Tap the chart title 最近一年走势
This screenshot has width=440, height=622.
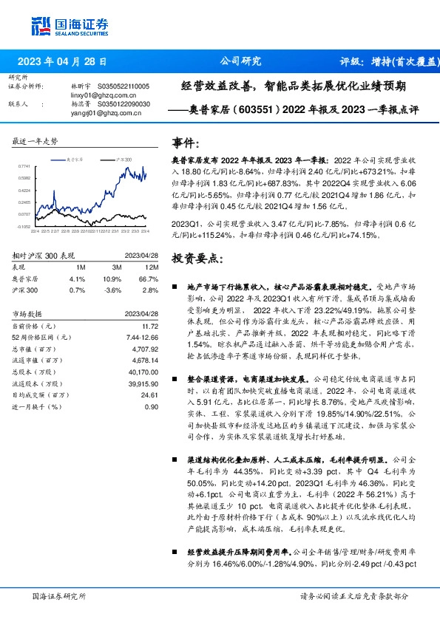35,141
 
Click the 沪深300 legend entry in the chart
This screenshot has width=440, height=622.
123,160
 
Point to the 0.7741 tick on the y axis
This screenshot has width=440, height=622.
25,167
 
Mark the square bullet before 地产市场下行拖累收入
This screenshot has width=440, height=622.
175,285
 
